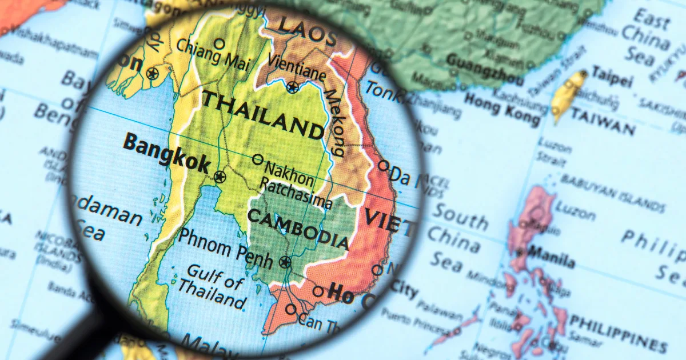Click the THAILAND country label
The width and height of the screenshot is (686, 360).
263,115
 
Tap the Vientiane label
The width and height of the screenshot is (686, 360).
297,67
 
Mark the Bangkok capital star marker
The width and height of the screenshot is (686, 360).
220,177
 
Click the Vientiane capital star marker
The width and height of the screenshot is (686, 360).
293,87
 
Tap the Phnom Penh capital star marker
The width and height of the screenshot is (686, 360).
285,262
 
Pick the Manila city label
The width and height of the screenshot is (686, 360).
552,257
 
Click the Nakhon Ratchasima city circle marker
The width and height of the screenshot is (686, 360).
258,159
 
